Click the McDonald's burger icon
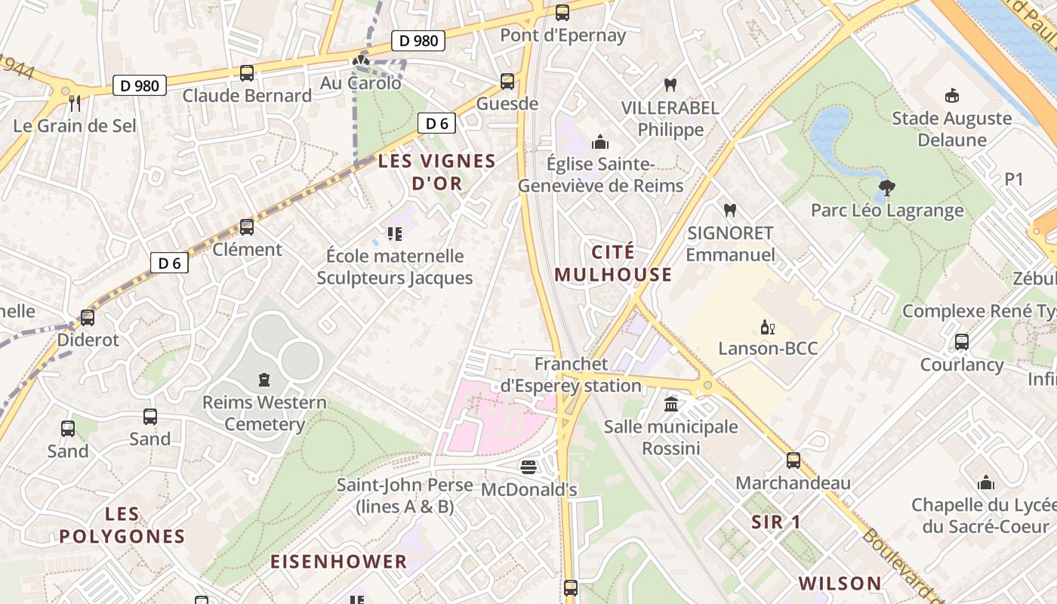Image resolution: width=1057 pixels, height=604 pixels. coord(528,467)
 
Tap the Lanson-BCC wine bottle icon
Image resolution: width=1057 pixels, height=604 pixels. coord(767,327)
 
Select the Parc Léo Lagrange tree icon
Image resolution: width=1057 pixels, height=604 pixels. coord(887,187)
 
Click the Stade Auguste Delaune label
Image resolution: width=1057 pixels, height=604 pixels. coord(951,129)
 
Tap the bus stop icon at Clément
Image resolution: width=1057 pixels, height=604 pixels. coord(247,226)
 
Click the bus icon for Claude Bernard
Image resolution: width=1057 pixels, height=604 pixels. coord(247,73)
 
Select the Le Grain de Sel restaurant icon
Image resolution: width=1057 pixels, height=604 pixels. coord(74,103)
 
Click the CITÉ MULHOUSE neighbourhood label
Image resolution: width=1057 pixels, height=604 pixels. coord(613,263)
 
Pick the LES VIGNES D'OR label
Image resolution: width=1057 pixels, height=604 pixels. coord(436,171)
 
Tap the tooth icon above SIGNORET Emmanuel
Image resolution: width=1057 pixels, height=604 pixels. coord(729,210)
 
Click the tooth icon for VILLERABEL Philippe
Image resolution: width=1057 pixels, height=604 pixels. coord(669,85)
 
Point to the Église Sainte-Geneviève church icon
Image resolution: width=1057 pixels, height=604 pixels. coord(600,142)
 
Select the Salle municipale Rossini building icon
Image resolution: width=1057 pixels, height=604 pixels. coord(671,405)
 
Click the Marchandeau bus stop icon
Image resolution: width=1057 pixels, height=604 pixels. coord(793,460)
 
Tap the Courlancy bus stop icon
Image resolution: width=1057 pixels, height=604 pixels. coord(961,342)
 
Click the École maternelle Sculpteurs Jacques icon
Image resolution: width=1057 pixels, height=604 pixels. coord(394,233)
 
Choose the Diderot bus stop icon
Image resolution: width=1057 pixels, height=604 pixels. coord(88,317)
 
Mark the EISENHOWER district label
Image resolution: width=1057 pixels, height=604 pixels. coord(338,562)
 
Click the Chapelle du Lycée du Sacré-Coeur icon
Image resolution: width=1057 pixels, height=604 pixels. coord(985,482)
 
